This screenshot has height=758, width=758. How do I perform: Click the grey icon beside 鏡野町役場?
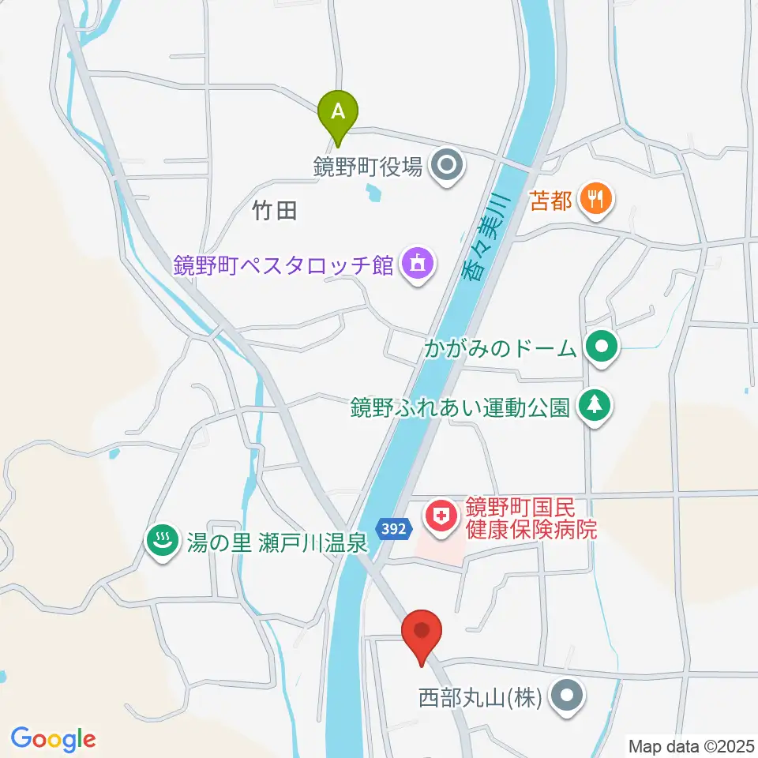(x=449, y=167)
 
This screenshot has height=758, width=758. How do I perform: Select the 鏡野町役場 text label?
(x=368, y=167)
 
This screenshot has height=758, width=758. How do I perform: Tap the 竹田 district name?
(x=275, y=211)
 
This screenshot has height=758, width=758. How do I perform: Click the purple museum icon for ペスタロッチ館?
(x=417, y=264)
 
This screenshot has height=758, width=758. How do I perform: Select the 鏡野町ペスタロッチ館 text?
(x=284, y=265)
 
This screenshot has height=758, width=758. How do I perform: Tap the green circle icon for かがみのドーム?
(x=603, y=347)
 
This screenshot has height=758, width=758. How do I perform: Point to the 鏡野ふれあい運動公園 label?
(x=460, y=407)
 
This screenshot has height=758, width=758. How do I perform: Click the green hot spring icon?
(x=163, y=542)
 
